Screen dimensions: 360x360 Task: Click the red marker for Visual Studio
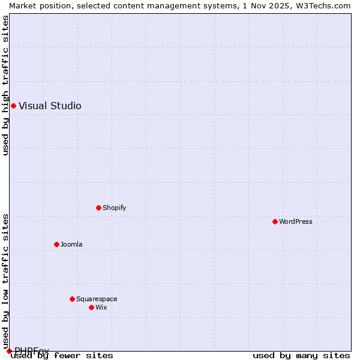13,106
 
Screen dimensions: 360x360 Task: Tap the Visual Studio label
50,106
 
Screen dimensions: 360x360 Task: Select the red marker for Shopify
98,208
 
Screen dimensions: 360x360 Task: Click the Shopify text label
114,208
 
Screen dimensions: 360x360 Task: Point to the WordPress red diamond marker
275,221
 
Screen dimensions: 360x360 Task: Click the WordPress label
295,221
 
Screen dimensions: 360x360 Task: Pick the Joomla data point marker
56,244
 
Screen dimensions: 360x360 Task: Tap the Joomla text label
71,244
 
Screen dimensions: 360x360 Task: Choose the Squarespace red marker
72,299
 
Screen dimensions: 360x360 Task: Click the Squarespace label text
97,299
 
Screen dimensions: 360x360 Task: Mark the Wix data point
91,307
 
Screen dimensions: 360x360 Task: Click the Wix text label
101,307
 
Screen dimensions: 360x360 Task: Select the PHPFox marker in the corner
9,351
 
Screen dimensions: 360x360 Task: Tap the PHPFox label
32,351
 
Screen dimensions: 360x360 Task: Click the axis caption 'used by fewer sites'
62,356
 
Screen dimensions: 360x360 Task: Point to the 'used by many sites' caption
301,356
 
